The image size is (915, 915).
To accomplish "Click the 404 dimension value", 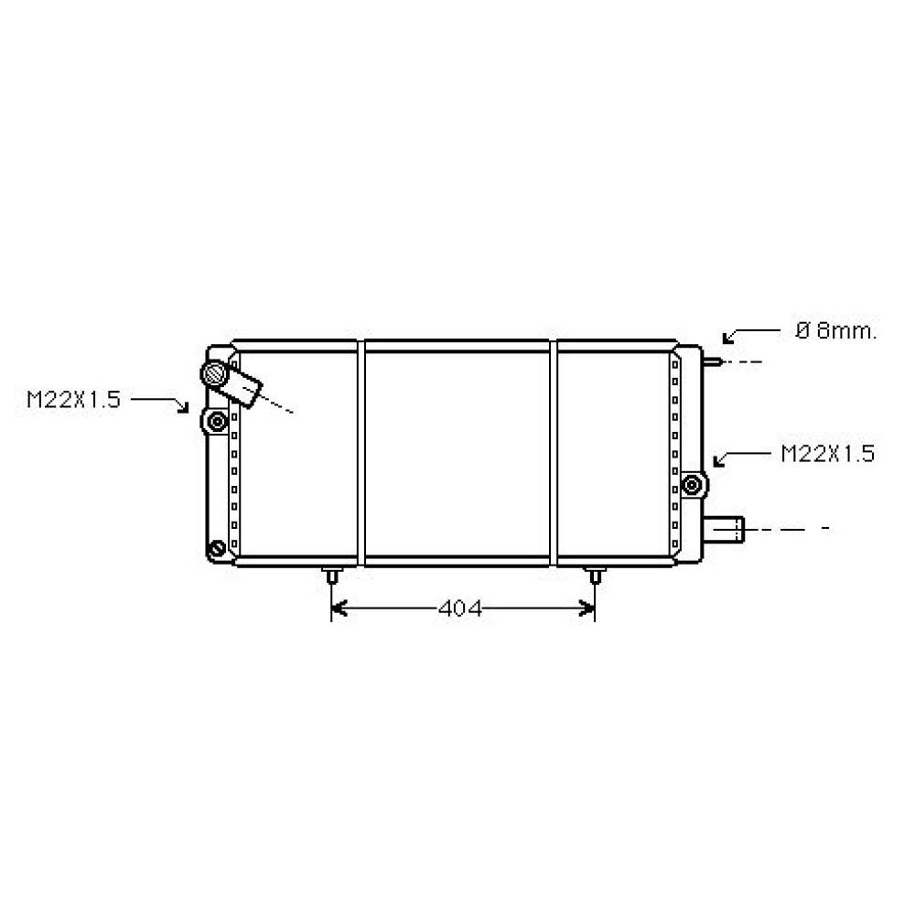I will (x=459, y=608).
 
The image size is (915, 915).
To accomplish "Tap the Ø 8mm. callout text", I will (x=835, y=331).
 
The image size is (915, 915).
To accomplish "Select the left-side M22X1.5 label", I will (x=73, y=400).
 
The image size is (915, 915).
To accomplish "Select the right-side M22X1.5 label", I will (x=827, y=453).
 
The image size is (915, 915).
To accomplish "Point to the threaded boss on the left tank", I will (x=217, y=422).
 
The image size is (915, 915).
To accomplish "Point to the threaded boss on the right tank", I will (x=694, y=484).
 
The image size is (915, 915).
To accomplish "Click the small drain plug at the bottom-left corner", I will (x=217, y=549).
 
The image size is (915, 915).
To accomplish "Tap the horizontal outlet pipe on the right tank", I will (x=727, y=528).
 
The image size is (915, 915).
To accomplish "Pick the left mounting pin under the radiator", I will (x=330, y=576).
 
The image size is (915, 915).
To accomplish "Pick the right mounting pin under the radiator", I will (x=595, y=576).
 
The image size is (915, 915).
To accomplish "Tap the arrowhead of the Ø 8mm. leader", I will (x=727, y=339).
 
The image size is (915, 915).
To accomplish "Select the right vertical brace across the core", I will (x=554, y=453).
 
